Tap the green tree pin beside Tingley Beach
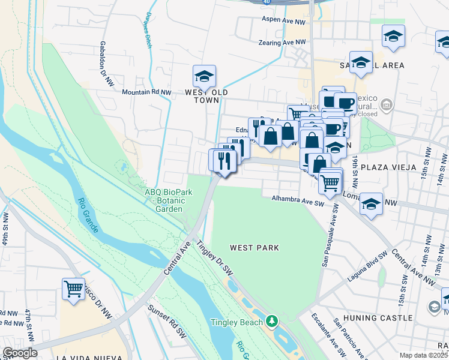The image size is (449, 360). (272, 322)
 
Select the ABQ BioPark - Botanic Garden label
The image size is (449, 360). (163, 200)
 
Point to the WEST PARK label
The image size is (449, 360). (255, 247)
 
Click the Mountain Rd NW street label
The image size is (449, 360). (146, 92)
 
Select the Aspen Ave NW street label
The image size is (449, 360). (283, 20)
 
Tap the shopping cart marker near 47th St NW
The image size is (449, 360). (74, 289)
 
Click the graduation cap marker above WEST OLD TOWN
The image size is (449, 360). (204, 77)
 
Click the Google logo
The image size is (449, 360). (20, 353)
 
